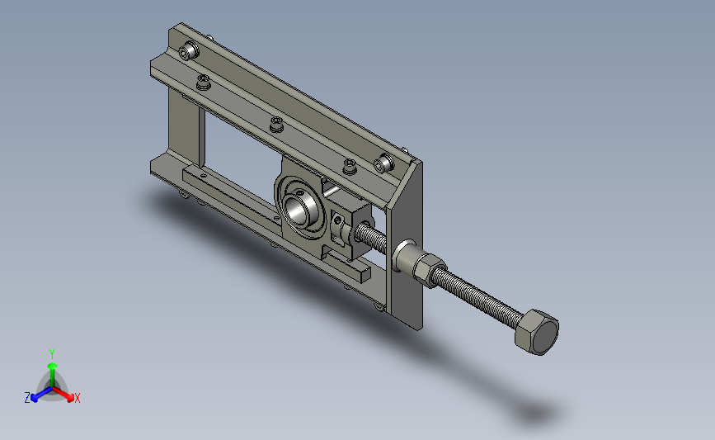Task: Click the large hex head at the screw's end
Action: coord(537,332)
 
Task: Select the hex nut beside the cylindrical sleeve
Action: coord(429,269)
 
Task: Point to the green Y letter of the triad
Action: coord(52,354)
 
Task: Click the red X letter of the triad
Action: coord(77,398)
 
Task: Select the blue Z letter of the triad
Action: coord(27,398)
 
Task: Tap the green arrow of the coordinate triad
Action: coord(53,375)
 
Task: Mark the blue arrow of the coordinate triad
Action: coord(41,395)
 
